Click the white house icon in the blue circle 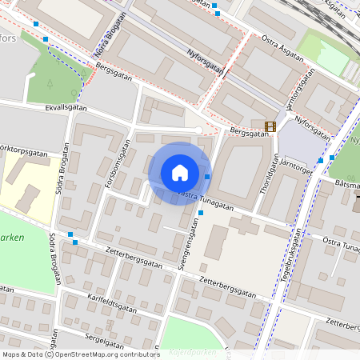179,173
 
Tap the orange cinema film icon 270,126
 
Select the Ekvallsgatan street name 66,106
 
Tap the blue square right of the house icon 207,176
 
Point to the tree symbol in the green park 50,82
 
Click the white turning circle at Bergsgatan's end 198,130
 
